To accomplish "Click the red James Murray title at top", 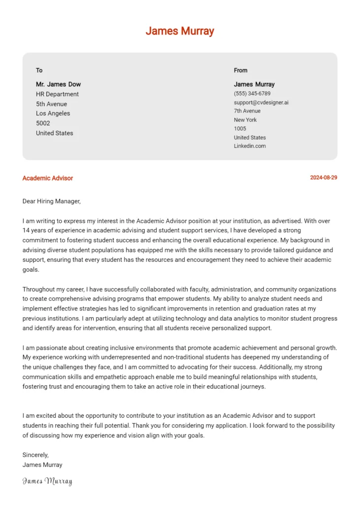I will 180,31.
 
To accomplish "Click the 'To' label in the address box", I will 39,70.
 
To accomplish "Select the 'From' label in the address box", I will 241,70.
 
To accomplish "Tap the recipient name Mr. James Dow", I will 58,84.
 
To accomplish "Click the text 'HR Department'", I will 57,94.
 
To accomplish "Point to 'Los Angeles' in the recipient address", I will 53,113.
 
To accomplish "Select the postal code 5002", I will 43,123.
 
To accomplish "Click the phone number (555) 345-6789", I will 252,93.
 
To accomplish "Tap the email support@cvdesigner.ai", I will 261,102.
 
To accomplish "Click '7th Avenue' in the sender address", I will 247,111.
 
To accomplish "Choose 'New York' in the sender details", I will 245,120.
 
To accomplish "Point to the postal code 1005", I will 240,129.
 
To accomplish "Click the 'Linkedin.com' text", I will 250,146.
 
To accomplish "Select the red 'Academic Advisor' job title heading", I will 47,178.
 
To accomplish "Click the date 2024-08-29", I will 324,178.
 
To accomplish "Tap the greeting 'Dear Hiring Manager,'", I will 51,201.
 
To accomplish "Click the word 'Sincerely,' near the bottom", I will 36,455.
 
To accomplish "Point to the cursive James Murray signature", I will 47,481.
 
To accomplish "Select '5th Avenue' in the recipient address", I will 51,104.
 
